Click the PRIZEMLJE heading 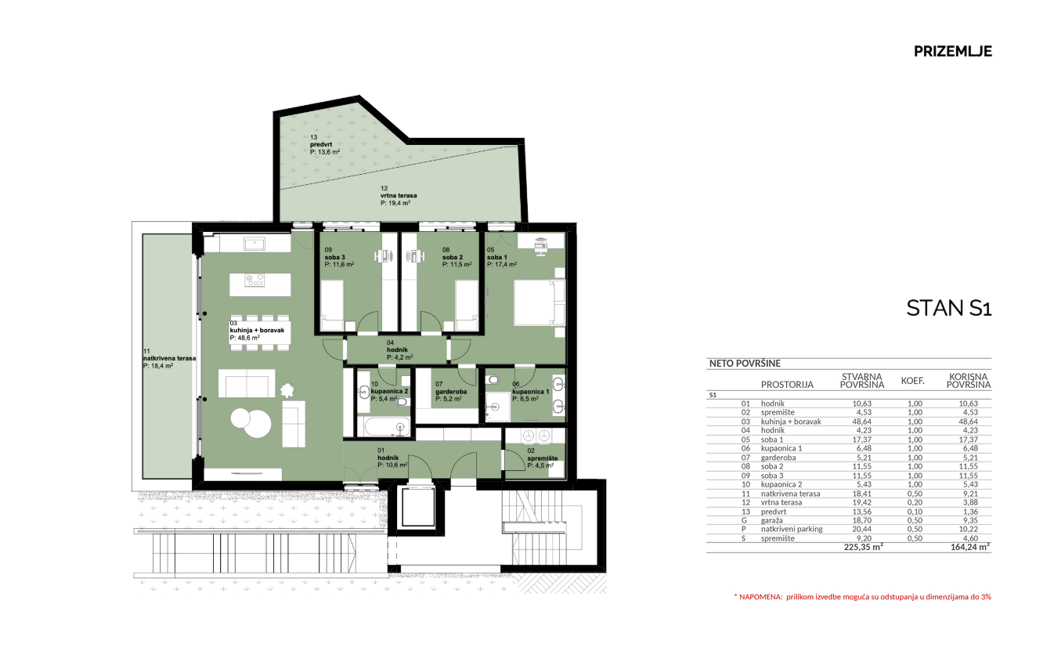point(952,51)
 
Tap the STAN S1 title point(948,308)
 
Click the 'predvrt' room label point(321,144)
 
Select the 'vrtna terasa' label point(399,195)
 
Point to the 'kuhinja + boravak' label point(257,331)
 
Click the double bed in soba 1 point(540,302)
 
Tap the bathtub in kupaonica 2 point(386,427)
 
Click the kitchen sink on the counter point(254,244)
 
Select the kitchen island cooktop point(254,280)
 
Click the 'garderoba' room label point(451,392)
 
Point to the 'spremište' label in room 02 point(543,458)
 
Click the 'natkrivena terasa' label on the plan point(169,358)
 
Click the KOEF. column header point(913,381)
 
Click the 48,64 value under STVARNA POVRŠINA point(862,422)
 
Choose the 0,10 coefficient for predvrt point(915,512)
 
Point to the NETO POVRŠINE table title point(745,364)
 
